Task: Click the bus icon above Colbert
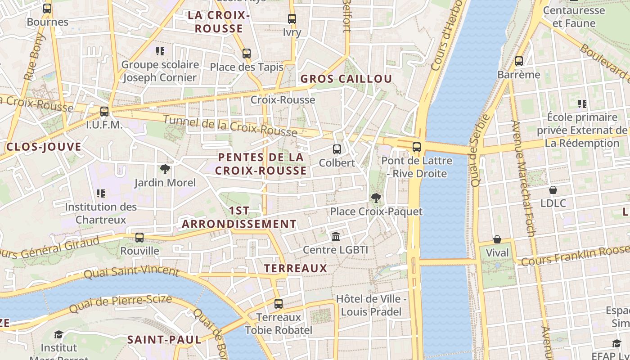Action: pos(337,149)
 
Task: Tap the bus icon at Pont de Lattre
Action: pos(416,147)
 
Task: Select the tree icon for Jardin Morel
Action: pos(165,169)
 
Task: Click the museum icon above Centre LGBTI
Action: pos(336,236)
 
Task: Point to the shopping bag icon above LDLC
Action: pos(553,190)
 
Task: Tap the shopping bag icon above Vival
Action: pos(497,239)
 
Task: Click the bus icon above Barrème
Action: pos(519,61)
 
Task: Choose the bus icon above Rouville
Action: pos(139,237)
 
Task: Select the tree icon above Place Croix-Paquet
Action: pos(376,198)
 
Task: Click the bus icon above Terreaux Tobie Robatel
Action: pos(279,304)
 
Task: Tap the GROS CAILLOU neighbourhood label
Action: pos(346,79)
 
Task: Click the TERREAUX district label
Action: pos(295,269)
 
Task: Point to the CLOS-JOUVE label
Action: pos(44,147)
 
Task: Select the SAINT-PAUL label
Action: pos(164,339)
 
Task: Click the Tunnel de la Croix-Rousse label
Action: pos(230,126)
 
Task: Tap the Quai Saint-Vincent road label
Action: pos(131,271)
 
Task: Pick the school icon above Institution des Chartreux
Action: pos(101,193)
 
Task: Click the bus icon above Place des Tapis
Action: pos(246,54)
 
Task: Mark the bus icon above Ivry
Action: pos(292,19)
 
